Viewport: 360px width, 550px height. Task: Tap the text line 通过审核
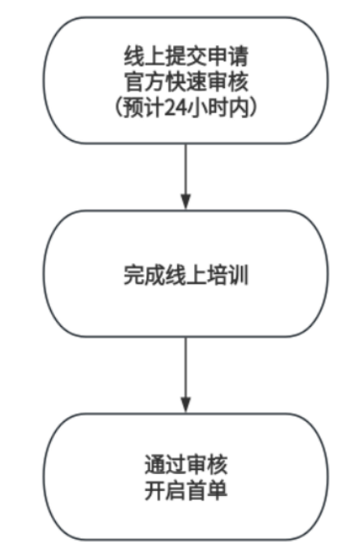(x=186, y=466)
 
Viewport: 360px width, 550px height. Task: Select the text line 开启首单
(x=186, y=490)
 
